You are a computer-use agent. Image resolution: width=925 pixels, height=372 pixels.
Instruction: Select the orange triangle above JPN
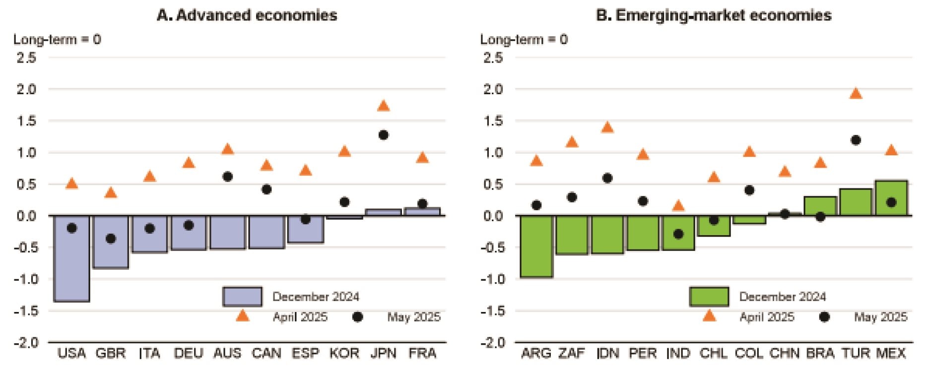(383, 106)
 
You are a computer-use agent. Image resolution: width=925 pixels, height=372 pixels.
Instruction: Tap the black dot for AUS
(227, 177)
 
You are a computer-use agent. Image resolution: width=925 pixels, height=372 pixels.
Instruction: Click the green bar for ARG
(536, 246)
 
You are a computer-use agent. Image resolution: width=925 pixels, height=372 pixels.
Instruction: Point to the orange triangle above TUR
(856, 94)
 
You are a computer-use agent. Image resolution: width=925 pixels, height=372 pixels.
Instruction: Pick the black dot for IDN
(607, 178)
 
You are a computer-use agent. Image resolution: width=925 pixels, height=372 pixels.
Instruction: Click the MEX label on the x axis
(891, 353)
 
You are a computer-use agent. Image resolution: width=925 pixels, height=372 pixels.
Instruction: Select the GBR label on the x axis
(110, 353)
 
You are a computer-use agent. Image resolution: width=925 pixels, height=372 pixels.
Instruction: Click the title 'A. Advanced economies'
(247, 15)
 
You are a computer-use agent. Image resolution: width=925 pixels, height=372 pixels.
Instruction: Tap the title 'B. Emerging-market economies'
(714, 15)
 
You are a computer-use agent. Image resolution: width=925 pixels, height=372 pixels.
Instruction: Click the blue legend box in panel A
(242, 297)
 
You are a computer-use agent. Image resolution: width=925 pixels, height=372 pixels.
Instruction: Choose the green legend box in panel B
(709, 297)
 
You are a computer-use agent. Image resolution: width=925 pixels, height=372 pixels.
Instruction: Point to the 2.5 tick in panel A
(26, 58)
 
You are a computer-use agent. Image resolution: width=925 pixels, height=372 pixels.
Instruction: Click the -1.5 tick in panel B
(493, 311)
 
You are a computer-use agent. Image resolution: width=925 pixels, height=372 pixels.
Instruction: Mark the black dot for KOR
(344, 202)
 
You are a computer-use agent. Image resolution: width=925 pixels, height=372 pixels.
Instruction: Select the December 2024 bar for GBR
(111, 242)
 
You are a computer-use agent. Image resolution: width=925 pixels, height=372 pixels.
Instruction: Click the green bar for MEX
(891, 198)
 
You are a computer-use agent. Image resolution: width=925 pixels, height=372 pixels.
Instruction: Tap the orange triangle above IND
(678, 206)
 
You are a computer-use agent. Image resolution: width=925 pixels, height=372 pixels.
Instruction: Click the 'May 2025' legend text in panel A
(413, 317)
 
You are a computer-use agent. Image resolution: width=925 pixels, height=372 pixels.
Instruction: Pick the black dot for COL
(749, 190)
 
